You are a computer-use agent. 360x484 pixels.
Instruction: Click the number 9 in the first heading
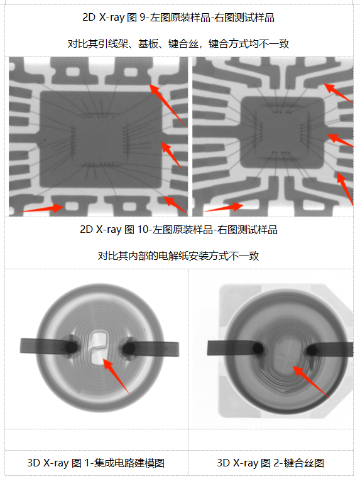pos(160,18)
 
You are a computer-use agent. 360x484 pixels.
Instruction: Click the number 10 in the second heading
pos(161,230)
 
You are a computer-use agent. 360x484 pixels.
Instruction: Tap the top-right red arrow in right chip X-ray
pos(337,92)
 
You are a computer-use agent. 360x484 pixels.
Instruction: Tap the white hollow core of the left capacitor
pos(97,348)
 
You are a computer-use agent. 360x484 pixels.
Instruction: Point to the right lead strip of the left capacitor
pos(154,347)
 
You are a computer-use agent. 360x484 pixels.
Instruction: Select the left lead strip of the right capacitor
pos(230,347)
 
